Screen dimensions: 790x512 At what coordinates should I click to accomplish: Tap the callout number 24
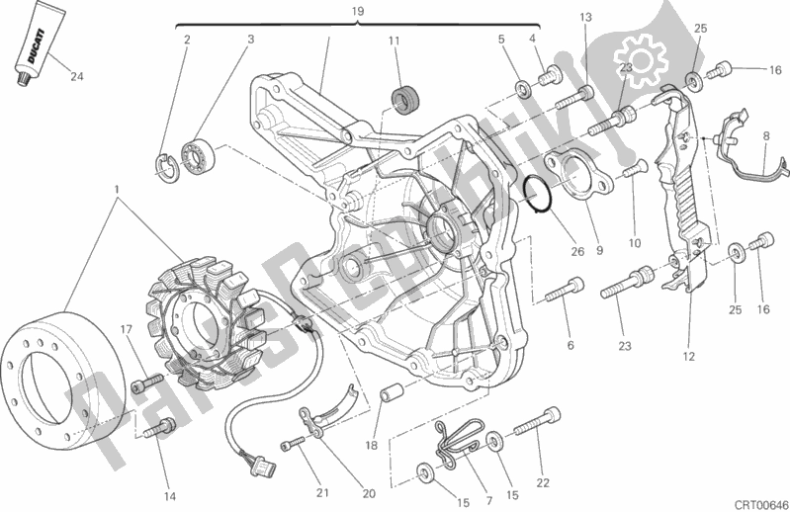click(76, 76)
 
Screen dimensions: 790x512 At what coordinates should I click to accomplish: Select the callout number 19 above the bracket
click(357, 11)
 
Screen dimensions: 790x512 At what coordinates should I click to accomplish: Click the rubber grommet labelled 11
click(404, 100)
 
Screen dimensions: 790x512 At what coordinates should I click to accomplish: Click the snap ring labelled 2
click(166, 167)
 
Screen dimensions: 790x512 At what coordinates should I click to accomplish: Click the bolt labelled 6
click(565, 290)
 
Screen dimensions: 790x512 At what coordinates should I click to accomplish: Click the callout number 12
click(688, 357)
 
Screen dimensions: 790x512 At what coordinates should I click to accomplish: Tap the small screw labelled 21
click(293, 444)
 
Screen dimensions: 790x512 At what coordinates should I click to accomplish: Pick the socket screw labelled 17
click(146, 383)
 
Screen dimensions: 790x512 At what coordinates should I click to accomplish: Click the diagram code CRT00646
click(760, 504)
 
